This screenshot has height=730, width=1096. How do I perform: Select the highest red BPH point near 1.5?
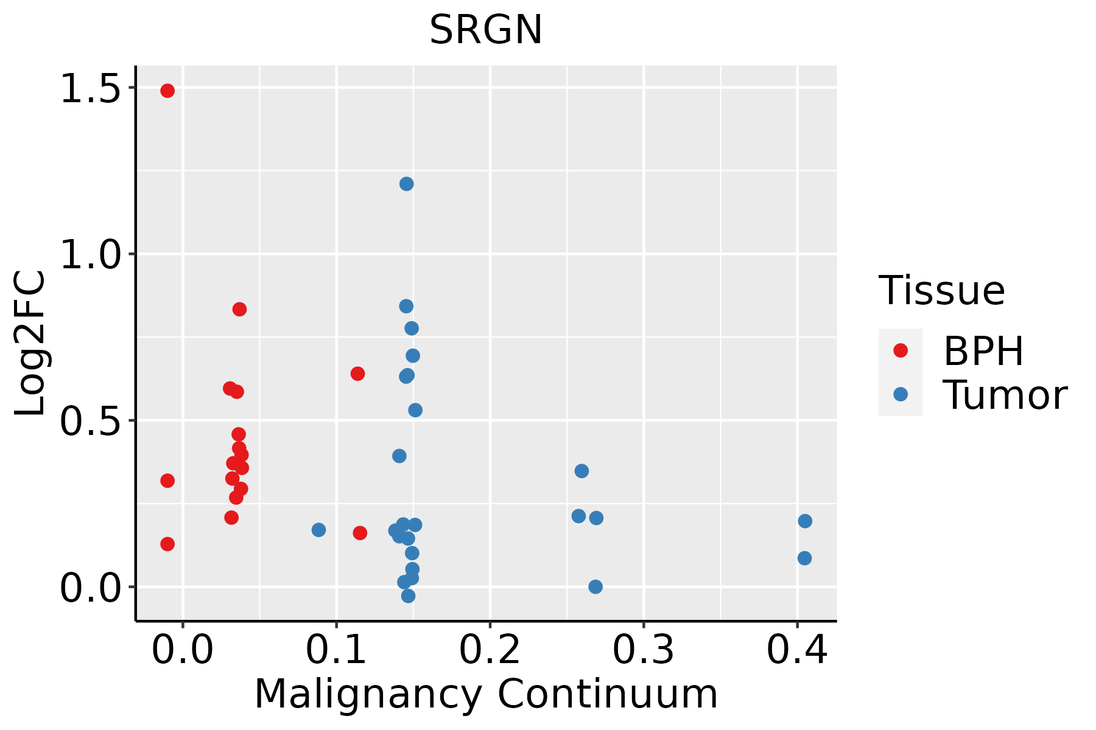167,91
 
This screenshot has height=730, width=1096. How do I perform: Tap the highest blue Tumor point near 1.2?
407,184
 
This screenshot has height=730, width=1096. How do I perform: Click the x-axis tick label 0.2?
490,650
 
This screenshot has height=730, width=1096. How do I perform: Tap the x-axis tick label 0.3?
643,650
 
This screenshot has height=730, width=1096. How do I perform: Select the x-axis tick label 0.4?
796,650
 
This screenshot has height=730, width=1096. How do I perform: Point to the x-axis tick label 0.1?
336,650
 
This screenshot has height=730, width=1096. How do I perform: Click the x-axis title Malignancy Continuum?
486,694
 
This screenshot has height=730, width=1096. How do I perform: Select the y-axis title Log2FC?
30,344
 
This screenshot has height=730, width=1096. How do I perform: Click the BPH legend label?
983,351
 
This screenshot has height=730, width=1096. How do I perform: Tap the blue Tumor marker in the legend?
900,394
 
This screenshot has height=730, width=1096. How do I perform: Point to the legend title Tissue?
941,290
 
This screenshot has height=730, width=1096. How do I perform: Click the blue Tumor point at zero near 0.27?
595,586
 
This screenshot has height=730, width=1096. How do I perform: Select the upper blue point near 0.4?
805,521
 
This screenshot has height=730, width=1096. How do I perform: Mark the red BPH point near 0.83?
239,309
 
